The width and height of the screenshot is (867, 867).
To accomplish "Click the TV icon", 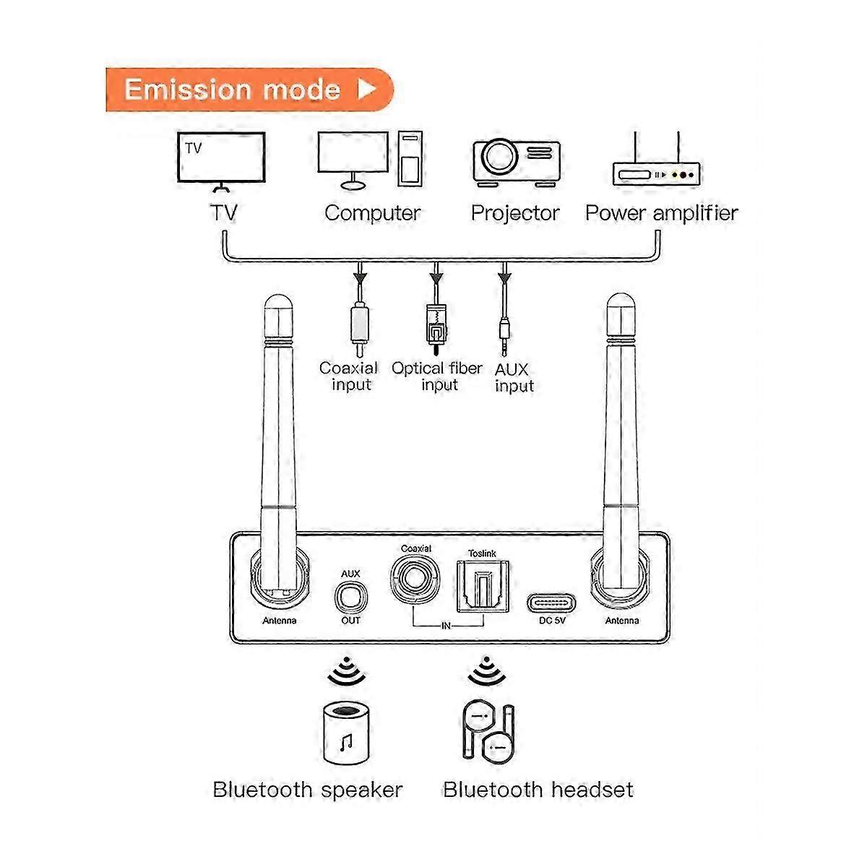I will pos(222,161).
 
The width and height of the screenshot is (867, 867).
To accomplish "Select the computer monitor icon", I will pos(353,160).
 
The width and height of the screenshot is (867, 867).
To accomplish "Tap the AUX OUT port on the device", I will pos(351,598).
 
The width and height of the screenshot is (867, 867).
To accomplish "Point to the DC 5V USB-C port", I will pos(551,601).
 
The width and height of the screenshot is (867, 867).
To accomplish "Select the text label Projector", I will pos(515,213).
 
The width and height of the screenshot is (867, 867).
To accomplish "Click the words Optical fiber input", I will pos(437,376).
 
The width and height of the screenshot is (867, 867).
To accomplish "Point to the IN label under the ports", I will pos(446,626).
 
